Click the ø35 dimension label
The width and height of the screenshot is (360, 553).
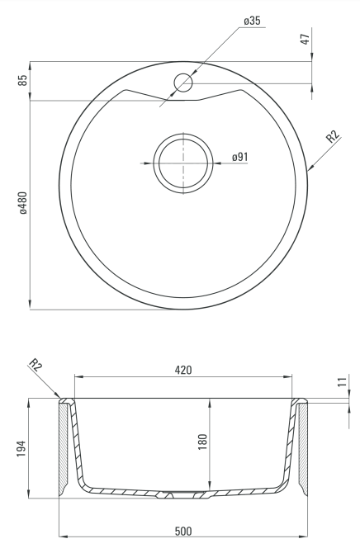(x=252, y=21)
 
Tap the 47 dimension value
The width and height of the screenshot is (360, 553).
(x=306, y=39)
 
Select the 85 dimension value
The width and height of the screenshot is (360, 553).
(x=23, y=80)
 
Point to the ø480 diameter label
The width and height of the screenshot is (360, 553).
(x=23, y=203)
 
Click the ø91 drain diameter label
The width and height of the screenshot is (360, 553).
(x=240, y=157)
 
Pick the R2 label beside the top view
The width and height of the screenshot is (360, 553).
(x=332, y=136)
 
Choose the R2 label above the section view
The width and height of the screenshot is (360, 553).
(x=36, y=364)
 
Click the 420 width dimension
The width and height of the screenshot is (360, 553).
(x=183, y=370)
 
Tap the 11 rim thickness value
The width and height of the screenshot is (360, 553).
(x=343, y=381)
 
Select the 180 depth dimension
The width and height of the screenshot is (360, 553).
(x=202, y=442)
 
